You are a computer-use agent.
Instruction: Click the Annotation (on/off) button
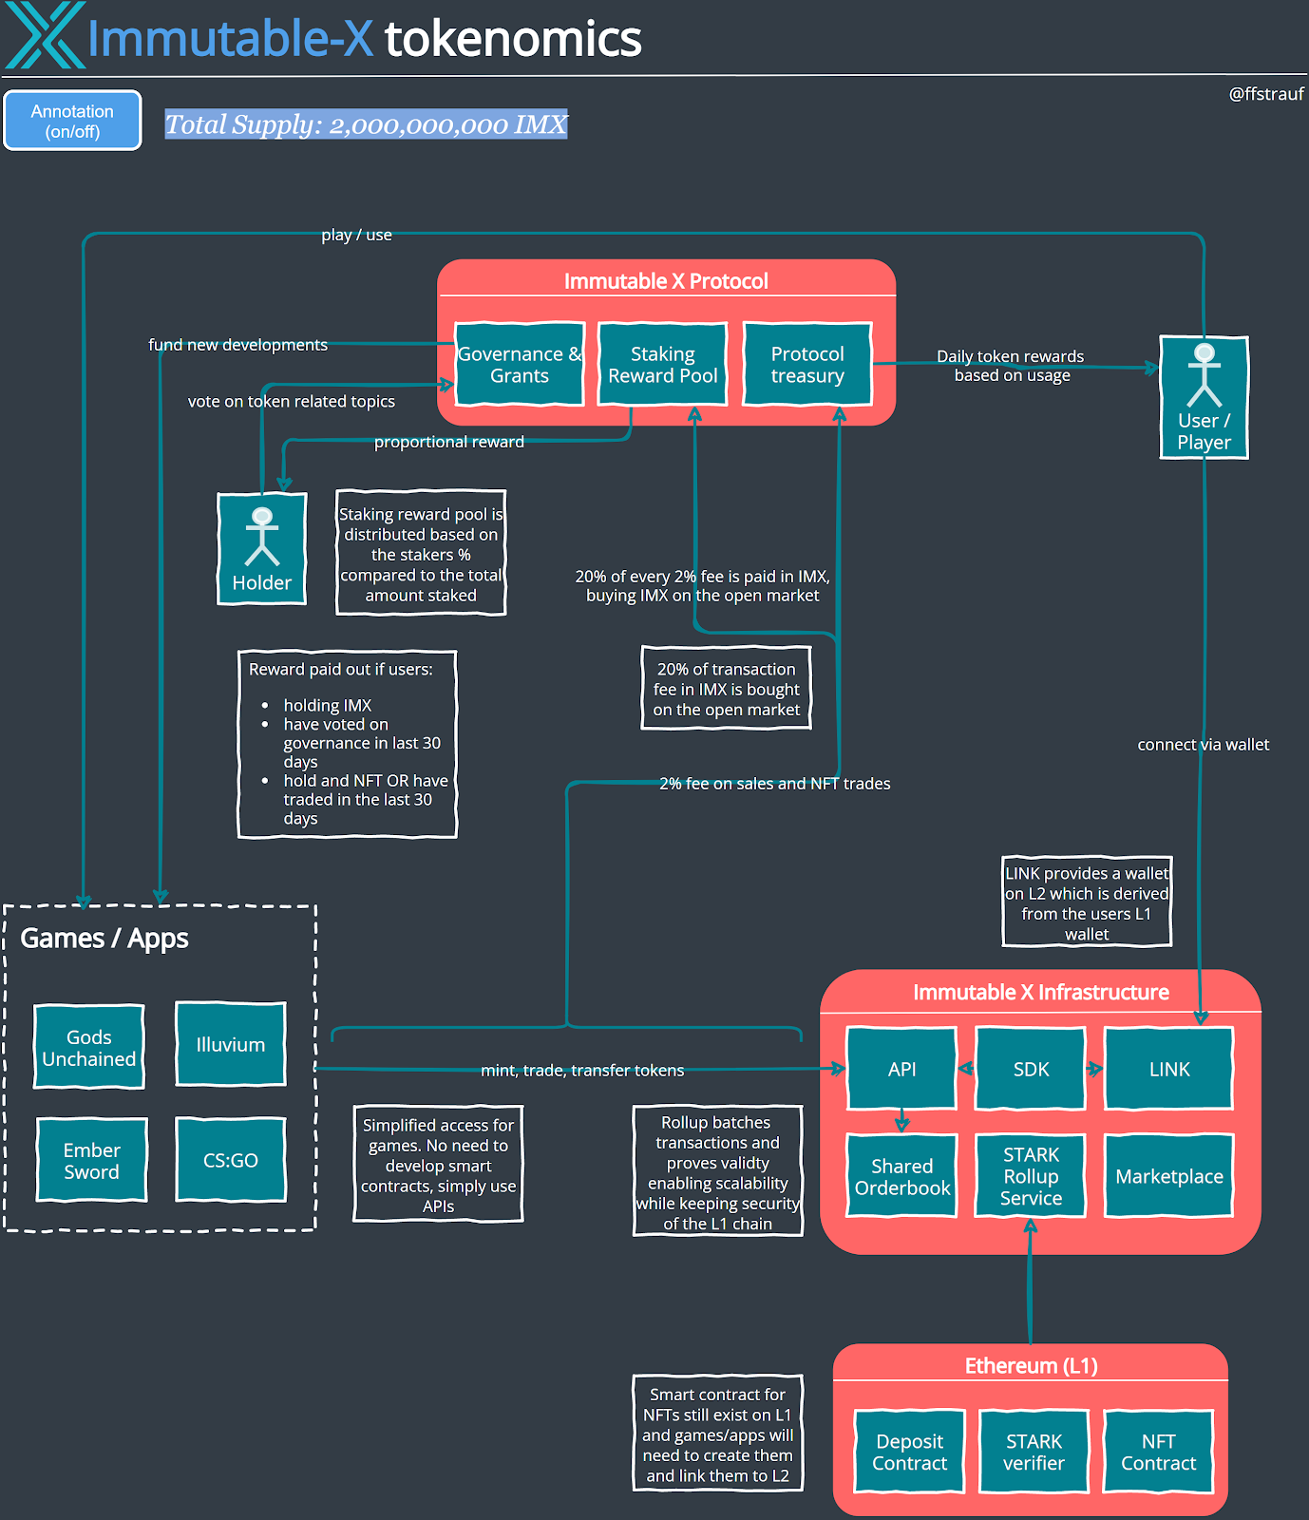72,121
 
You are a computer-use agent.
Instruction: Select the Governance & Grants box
519,365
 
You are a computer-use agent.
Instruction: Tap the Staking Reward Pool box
662,365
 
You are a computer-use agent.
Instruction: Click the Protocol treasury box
807,365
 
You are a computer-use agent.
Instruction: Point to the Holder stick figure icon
262,537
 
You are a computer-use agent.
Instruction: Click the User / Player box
1204,398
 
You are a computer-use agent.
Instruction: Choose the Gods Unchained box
89,1047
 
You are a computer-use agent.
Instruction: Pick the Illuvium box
231,1044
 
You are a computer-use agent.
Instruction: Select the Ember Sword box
92,1160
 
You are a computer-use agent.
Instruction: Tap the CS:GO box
231,1160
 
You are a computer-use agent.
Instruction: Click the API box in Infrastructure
901,1069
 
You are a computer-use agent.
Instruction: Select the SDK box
1031,1069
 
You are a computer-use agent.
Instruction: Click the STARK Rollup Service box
1031,1176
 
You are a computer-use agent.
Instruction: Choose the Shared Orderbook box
901,1176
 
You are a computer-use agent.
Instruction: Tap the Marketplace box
1169,1176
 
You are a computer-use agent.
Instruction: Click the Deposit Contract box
909,1452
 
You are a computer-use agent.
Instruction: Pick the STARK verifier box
1034,1452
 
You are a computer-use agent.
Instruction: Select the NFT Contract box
1158,1452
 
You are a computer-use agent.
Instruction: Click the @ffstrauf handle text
1265,94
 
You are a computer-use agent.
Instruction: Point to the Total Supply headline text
366,124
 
